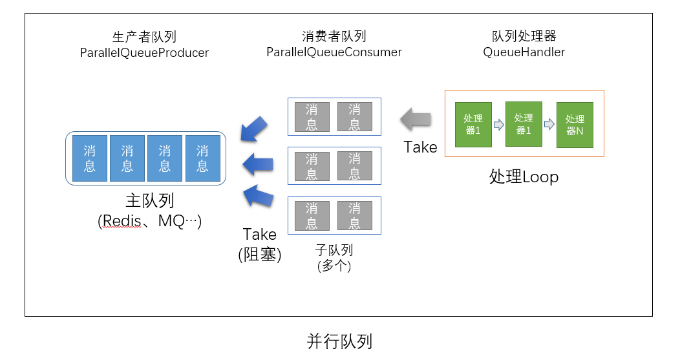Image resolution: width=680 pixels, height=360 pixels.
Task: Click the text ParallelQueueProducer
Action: coord(144,53)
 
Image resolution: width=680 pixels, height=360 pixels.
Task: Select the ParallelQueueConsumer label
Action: coord(334,52)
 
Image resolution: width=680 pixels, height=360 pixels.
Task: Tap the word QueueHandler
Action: coord(524,52)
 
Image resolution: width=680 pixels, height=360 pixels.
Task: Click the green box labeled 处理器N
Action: coord(574,125)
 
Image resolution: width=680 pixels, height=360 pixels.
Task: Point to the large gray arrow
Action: coord(415,118)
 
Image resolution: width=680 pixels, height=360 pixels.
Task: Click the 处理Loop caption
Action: coord(524,176)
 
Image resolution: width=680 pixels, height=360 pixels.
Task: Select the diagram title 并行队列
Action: coord(339,341)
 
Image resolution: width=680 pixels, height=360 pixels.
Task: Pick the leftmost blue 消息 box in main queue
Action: coord(90,158)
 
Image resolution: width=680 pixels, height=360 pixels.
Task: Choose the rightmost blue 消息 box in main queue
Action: coord(202,158)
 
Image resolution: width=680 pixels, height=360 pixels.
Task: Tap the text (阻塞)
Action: coord(260,255)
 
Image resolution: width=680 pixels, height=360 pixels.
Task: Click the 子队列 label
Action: coord(334,249)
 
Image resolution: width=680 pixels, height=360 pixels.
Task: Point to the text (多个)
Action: coord(334,265)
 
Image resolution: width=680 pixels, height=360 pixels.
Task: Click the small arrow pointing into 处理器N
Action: coord(549,124)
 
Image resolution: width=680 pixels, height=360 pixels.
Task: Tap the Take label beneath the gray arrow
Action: coord(420,147)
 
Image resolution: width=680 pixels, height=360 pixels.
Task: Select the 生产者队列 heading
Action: coord(144,37)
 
